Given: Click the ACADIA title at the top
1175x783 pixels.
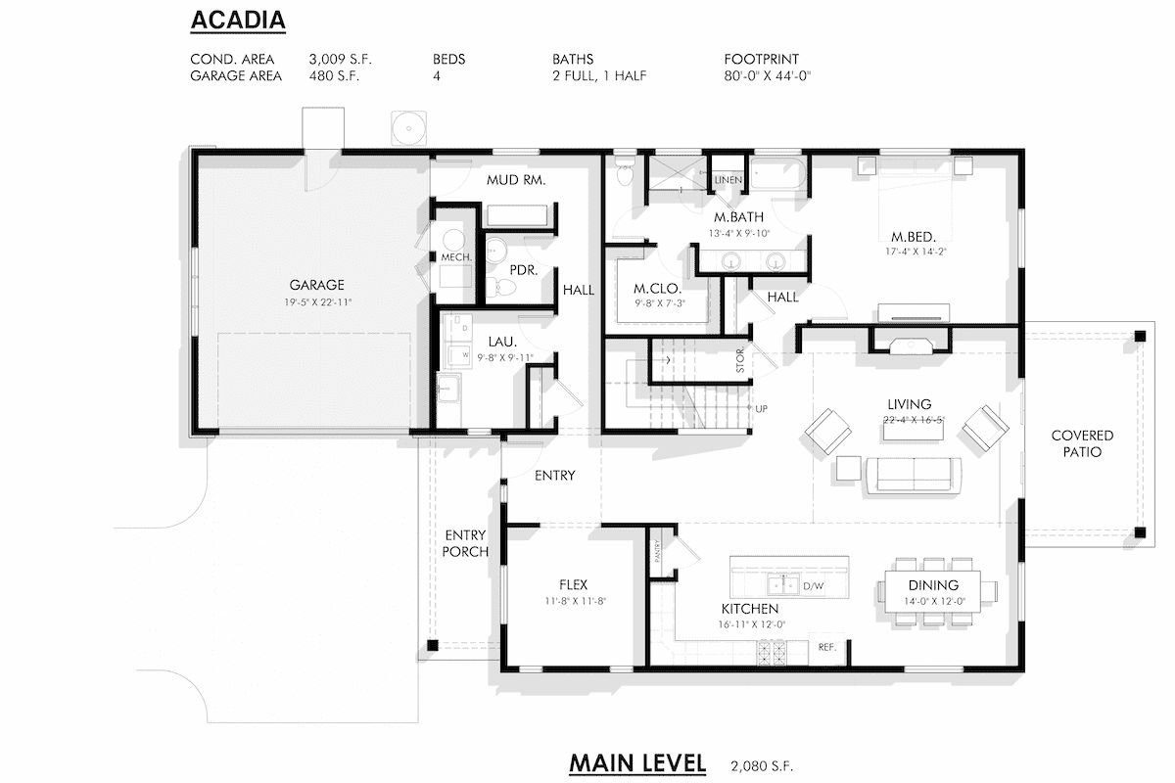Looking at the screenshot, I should point(238,20).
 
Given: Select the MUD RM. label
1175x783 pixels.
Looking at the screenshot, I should point(515,181).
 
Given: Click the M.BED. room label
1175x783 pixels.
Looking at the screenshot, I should point(907,237).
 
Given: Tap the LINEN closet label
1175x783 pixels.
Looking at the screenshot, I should point(728,180).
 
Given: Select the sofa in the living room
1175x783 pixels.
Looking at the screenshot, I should point(914,473).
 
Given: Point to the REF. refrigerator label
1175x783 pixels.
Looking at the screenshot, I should point(827,647).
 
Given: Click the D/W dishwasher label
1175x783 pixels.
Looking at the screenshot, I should point(814,587).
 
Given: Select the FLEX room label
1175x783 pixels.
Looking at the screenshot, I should point(573,585).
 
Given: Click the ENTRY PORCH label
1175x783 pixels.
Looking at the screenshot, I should point(466,543).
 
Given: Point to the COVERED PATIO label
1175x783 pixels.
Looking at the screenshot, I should point(1082,443).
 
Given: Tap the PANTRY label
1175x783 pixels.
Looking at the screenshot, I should point(658,551).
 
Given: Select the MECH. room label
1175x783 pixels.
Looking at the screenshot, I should point(456,257).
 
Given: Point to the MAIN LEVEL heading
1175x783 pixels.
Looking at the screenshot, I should point(636,763).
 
